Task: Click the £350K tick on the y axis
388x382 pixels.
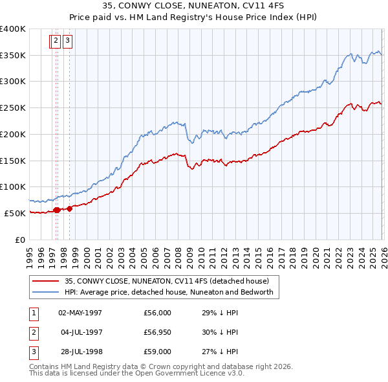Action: point(13,55)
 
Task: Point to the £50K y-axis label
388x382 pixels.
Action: point(15,213)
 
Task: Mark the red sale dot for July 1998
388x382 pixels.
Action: point(69,208)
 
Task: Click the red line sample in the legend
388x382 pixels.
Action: point(47,282)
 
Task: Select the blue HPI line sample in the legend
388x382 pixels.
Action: point(47,293)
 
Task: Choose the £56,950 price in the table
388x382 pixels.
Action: point(158,332)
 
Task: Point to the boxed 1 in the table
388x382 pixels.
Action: point(32,313)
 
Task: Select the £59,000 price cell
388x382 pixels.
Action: point(158,352)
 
